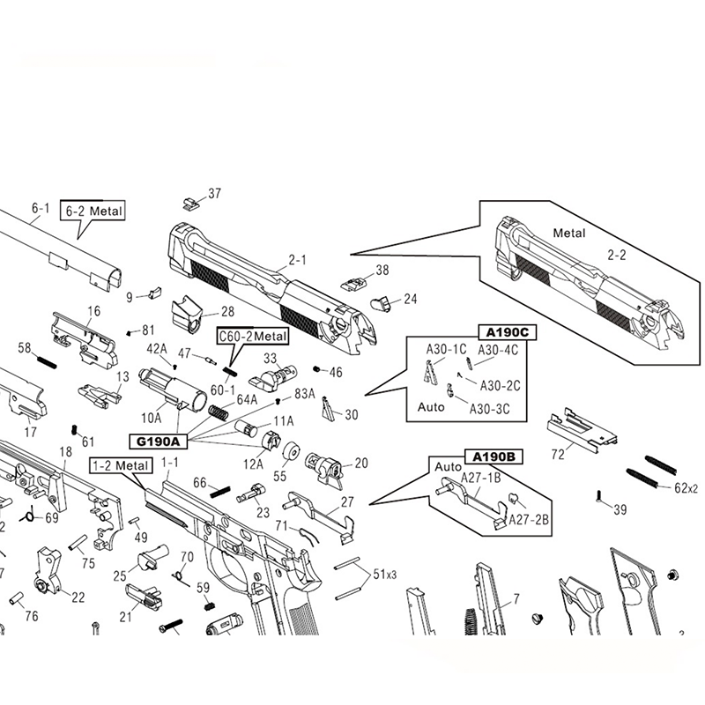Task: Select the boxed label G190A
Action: tap(154, 441)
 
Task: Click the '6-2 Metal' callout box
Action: tap(92, 211)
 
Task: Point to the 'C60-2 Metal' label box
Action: tap(253, 336)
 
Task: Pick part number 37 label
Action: tap(214, 194)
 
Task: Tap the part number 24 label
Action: tap(410, 299)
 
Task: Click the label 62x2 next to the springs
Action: tap(686, 487)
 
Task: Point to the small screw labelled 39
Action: tap(600, 497)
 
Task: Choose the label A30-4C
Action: tap(499, 349)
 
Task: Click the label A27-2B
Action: tap(529, 519)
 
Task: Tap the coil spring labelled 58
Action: tap(47, 359)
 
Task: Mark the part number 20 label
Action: tap(360, 463)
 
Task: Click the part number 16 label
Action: tap(93, 310)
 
